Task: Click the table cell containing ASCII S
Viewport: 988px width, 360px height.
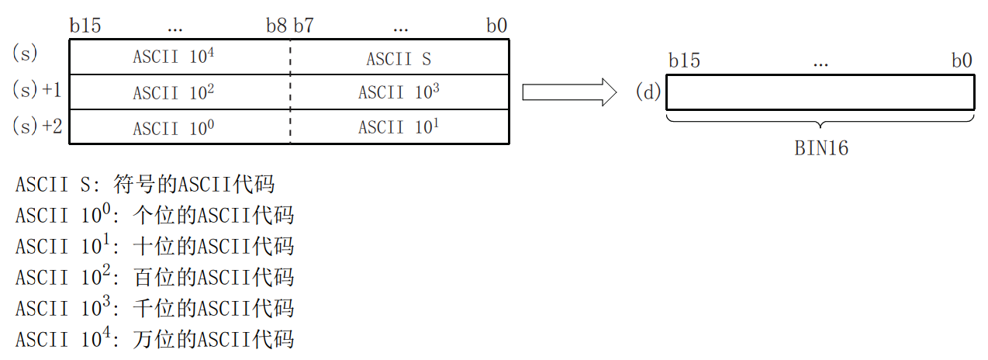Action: point(399,58)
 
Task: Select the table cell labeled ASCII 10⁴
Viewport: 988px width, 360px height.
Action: point(174,57)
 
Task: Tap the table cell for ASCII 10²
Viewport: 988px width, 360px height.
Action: point(174,92)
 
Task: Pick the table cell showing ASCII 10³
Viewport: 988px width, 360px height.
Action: point(399,92)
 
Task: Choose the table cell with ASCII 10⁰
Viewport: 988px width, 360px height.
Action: point(174,127)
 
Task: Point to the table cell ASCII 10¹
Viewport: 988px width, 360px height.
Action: point(399,127)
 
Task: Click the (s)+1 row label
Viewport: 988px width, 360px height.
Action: point(37,90)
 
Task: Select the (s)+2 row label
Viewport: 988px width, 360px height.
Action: point(37,126)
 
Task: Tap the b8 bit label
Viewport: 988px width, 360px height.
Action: point(276,26)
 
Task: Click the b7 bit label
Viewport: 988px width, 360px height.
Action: point(303,26)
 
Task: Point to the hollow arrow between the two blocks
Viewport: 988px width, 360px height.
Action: point(569,93)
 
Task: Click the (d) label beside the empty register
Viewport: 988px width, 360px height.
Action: point(648,93)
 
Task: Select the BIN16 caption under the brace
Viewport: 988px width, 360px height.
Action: point(821,148)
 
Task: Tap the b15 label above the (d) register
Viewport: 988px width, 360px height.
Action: point(683,61)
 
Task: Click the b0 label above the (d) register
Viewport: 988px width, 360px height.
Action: point(961,61)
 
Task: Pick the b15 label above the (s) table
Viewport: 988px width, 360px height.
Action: point(85,26)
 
